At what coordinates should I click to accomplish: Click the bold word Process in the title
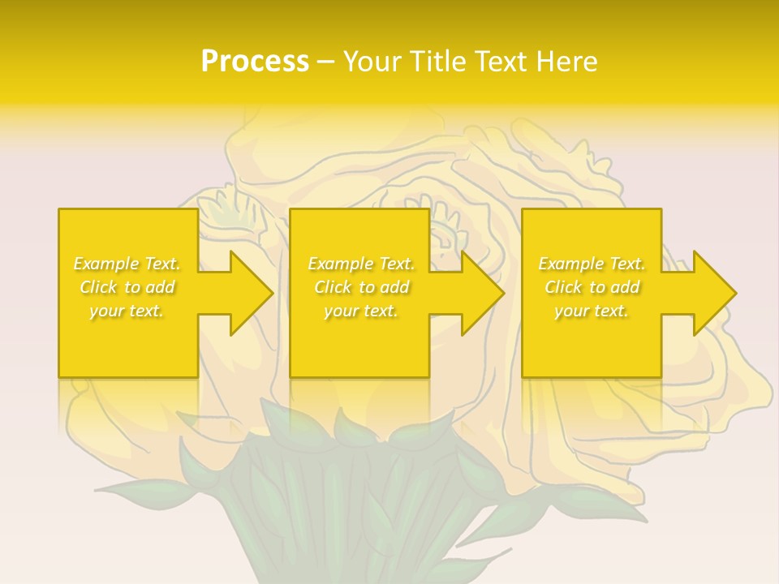(255, 62)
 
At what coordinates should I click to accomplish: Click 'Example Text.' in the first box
(127, 264)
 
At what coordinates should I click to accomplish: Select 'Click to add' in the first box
(127, 287)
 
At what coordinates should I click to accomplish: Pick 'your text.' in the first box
(127, 311)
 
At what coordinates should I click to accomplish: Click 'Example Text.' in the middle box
(361, 264)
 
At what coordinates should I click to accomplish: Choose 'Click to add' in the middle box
(361, 287)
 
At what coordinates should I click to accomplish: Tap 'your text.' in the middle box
(361, 311)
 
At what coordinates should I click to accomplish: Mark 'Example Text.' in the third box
(592, 264)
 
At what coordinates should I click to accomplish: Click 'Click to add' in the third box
(592, 287)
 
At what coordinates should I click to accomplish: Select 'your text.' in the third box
(592, 311)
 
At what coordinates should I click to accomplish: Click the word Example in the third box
(571, 264)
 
